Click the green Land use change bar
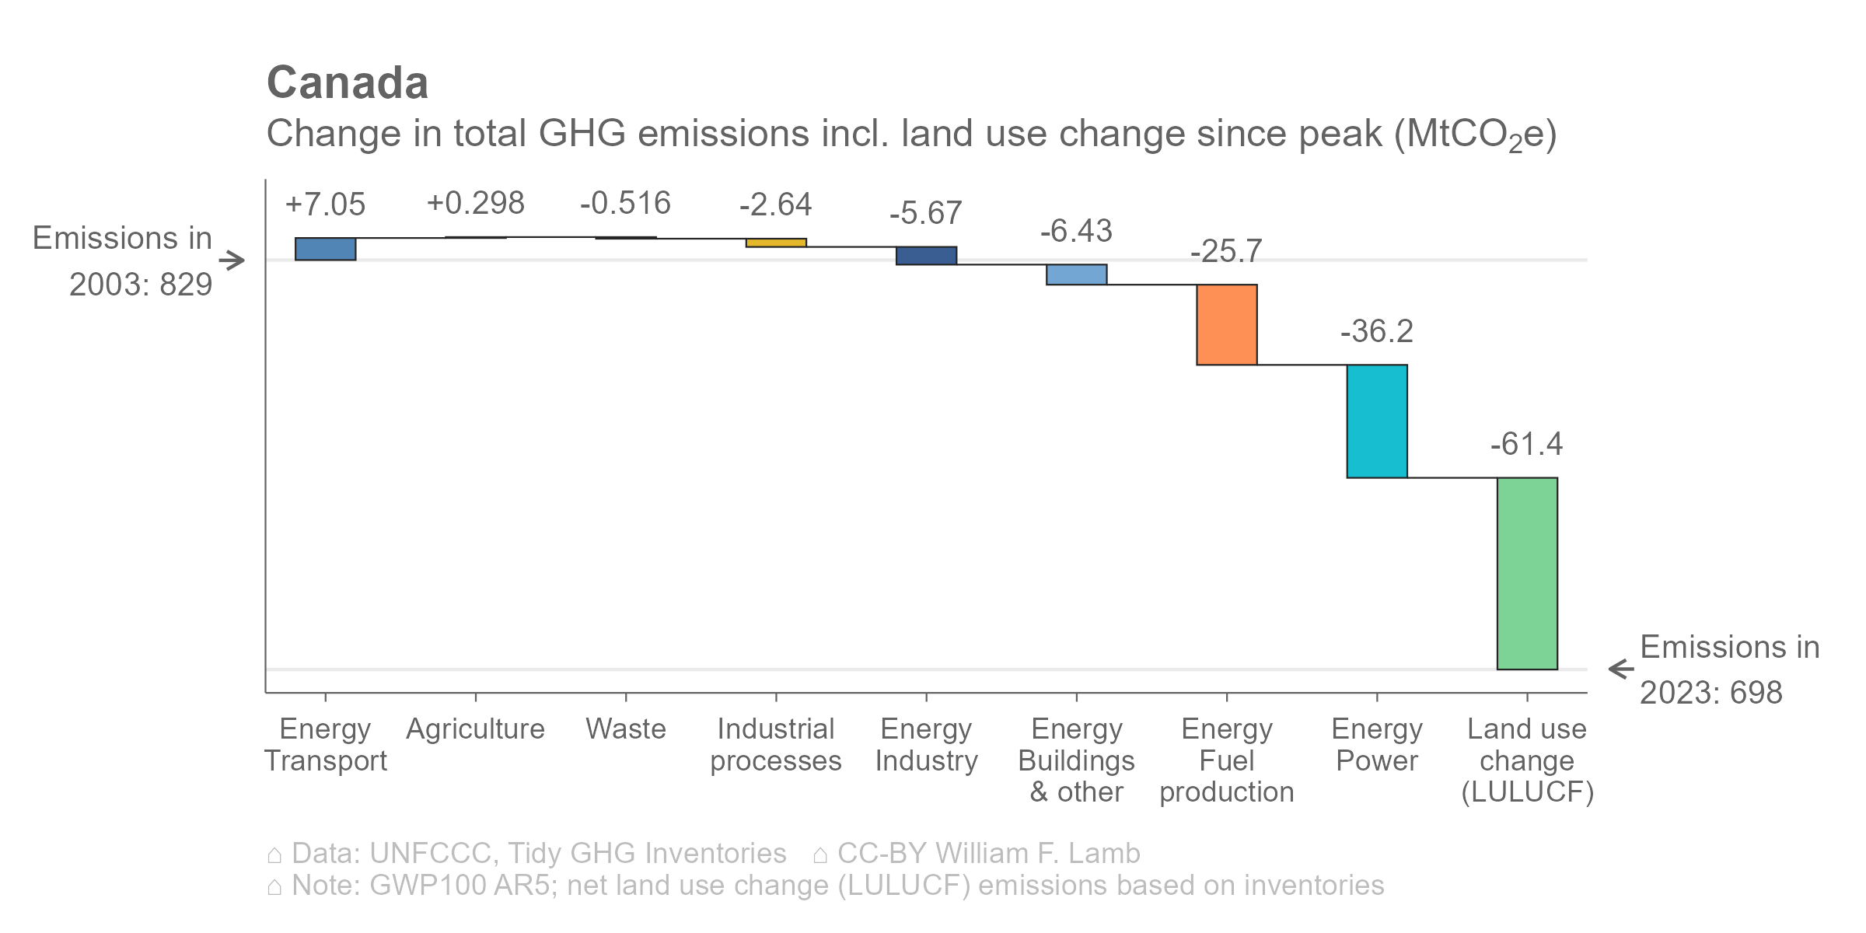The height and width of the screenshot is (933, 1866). (x=1527, y=573)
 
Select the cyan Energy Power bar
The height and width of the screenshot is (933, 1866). (x=1377, y=421)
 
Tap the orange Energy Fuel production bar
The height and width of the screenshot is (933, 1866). (x=1227, y=324)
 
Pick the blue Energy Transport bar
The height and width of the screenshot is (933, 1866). (x=326, y=249)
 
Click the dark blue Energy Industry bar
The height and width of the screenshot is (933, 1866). (x=926, y=256)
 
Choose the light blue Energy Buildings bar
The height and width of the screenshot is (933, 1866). (x=1077, y=274)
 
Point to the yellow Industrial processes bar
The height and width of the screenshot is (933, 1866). (x=776, y=243)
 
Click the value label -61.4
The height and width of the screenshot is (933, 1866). (x=1526, y=444)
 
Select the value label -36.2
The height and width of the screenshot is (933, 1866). (x=1376, y=331)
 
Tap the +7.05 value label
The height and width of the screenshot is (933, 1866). (x=325, y=204)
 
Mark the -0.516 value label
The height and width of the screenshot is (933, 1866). (x=625, y=204)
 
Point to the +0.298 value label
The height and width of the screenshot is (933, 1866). (x=476, y=204)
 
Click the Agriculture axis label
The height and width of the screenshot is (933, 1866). (x=476, y=729)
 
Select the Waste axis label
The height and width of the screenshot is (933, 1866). (x=626, y=729)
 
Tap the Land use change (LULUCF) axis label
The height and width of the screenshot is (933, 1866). (x=1527, y=760)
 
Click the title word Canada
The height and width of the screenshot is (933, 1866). (x=348, y=82)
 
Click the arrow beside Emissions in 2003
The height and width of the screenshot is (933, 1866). (x=232, y=260)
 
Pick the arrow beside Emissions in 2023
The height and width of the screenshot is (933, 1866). (x=1620, y=669)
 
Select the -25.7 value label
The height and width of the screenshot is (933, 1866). (x=1226, y=251)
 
